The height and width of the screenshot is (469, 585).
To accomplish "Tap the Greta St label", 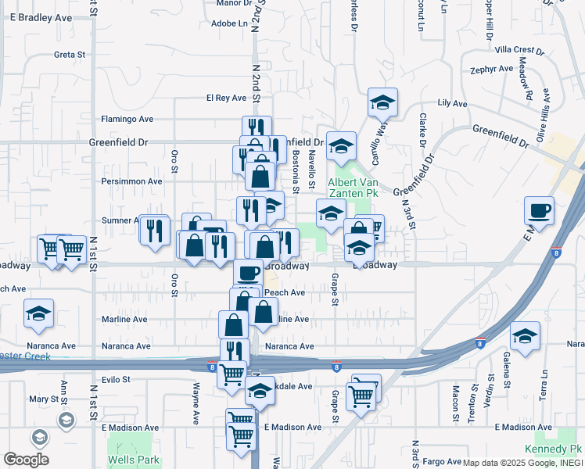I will (x=69, y=55).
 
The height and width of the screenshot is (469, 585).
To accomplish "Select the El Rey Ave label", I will (x=226, y=98).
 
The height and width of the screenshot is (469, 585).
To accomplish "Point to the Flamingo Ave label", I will (x=127, y=120).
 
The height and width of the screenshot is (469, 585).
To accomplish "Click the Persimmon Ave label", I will (x=131, y=181).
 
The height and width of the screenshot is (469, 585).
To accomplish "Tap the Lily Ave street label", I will (x=452, y=103).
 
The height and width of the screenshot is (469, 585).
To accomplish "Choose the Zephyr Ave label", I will (x=492, y=70).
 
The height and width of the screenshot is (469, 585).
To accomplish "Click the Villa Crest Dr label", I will (x=519, y=50).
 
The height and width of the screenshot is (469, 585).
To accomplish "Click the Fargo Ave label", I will (x=443, y=462).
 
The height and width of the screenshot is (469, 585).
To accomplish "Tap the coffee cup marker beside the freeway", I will (x=539, y=210).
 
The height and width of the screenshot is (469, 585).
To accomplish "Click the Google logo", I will (x=26, y=460).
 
